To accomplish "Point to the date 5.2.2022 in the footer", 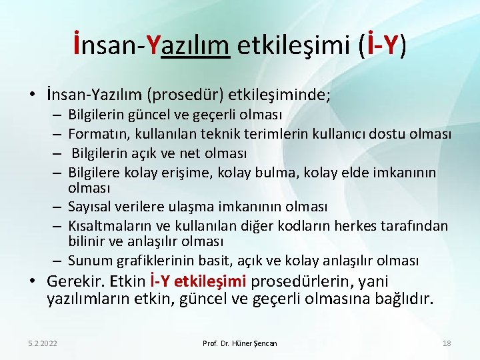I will [43, 343].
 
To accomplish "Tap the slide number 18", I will [447, 343].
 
